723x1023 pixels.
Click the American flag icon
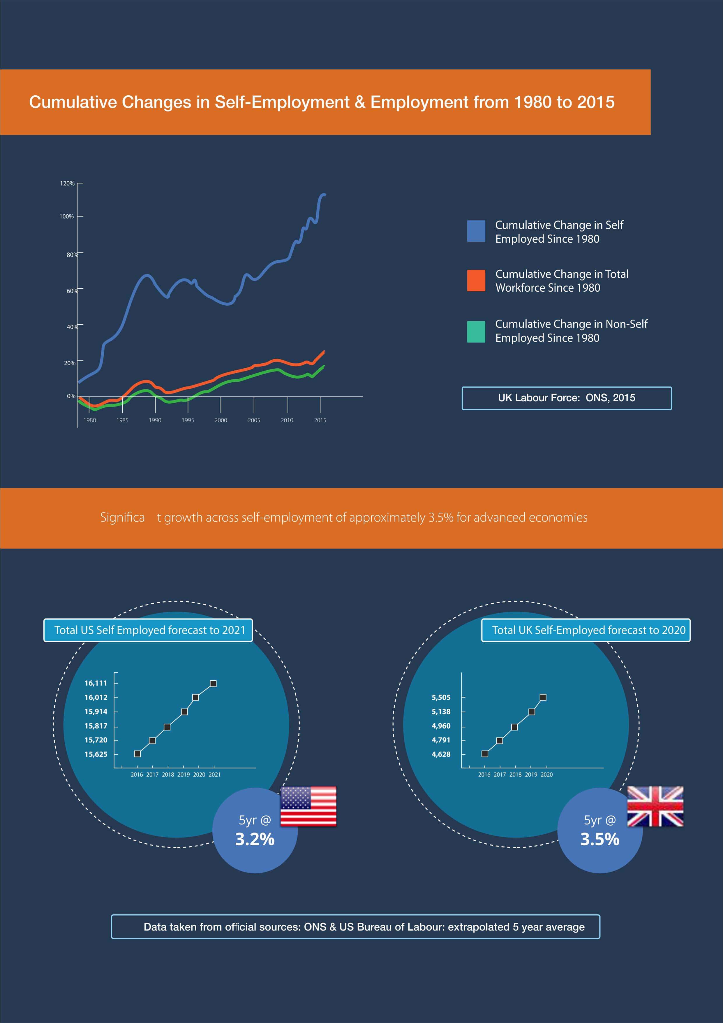click(308, 806)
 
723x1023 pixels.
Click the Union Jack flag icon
click(655, 806)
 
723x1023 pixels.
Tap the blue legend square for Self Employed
click(476, 231)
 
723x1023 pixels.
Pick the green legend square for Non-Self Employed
click(476, 332)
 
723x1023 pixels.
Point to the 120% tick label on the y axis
click(67, 183)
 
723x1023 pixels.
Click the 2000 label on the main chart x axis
click(221, 420)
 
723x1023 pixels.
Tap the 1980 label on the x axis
click(89, 420)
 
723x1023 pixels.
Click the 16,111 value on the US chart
click(96, 683)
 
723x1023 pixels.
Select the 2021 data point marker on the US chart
click(213, 684)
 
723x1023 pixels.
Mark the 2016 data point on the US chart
click(137, 754)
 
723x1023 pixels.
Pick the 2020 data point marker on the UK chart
click(543, 697)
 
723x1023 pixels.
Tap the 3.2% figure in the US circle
click(255, 839)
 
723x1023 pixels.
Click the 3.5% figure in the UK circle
click(600, 839)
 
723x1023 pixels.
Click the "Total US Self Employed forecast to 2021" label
click(148, 630)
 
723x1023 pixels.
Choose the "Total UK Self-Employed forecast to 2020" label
click(586, 630)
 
